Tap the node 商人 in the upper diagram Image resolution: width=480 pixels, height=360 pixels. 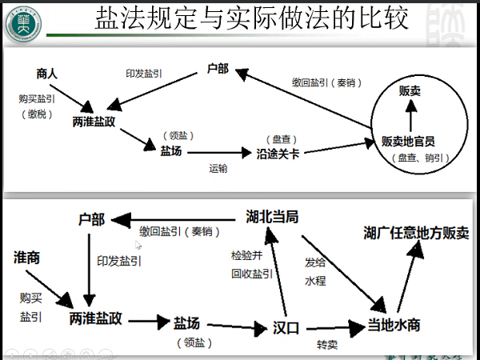pyautogui.click(x=47, y=74)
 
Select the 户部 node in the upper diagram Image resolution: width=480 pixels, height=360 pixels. pyautogui.click(x=218, y=69)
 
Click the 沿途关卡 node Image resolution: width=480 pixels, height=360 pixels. pyautogui.click(x=278, y=154)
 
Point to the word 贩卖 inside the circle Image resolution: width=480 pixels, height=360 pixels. pyautogui.click(x=410, y=92)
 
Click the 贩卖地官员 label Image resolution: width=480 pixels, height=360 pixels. pyautogui.click(x=408, y=141)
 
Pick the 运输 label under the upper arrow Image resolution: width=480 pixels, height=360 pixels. pyautogui.click(x=218, y=168)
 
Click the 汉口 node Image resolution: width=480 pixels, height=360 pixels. pyautogui.click(x=286, y=328)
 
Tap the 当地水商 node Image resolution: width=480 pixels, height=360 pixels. pyautogui.click(x=393, y=326)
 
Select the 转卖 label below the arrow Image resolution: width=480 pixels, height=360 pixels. pyautogui.click(x=328, y=345)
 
